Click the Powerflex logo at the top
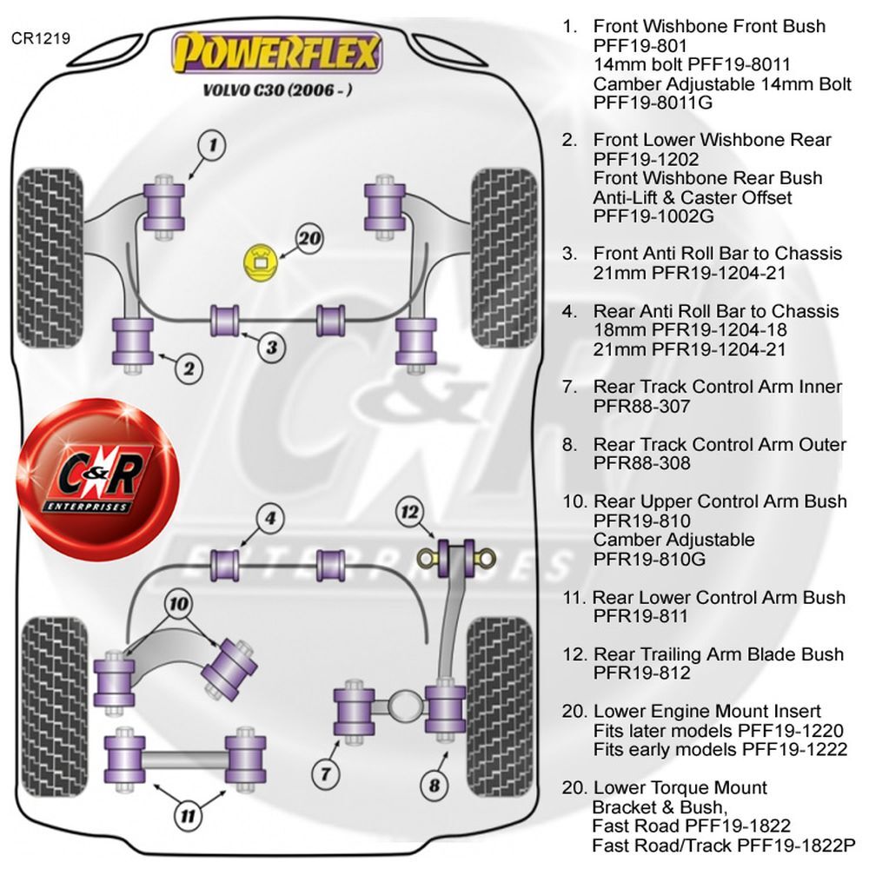276,53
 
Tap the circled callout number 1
214,145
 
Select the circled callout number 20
309,238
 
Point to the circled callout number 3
271,348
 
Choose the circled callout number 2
189,368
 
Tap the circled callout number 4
270,518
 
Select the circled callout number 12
409,512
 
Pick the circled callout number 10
178,604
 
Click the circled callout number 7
325,773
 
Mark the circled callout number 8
434,785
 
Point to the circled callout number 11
188,815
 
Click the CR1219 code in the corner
41,38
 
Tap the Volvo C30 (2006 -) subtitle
276,90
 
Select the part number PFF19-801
640,45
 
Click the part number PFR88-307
642,406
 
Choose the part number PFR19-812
642,673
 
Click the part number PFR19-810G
649,559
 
